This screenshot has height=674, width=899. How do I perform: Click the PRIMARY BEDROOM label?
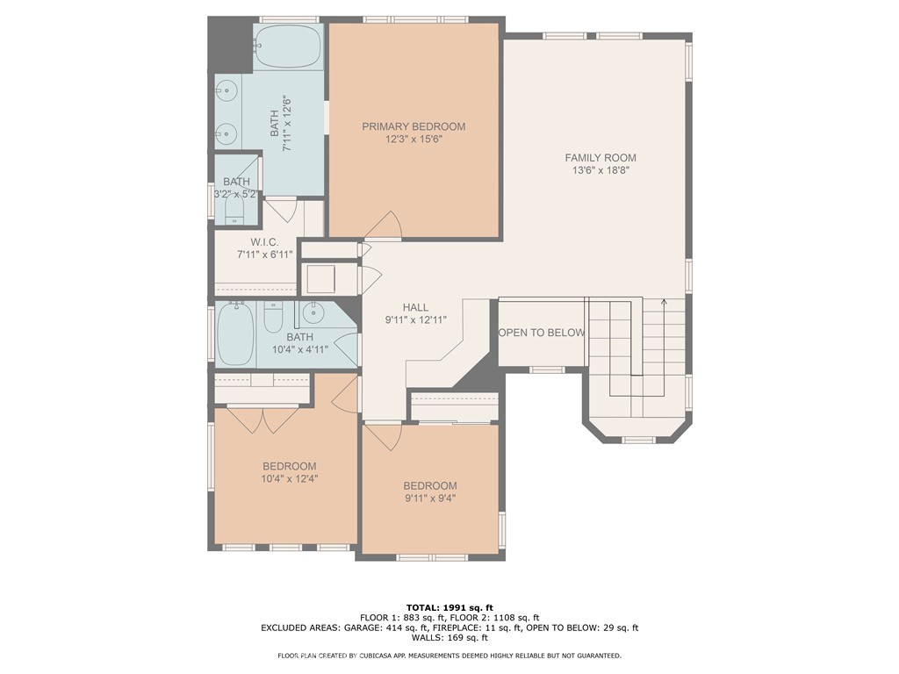click(414, 126)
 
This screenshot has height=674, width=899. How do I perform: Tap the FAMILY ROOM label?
click(601, 158)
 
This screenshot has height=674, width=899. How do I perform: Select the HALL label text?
click(415, 307)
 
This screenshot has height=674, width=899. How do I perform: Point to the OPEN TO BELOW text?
click(542, 333)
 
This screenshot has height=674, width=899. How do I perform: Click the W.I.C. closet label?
click(264, 241)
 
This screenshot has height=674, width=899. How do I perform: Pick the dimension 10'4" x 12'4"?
click(289, 478)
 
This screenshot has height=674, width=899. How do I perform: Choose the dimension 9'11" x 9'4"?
click(429, 498)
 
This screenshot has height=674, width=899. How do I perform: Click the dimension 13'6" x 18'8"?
click(601, 170)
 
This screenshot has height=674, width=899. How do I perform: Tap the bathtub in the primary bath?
click(288, 47)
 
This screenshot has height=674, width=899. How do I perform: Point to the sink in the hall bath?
click(314, 312)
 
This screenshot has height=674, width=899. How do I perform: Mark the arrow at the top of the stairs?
click(664, 304)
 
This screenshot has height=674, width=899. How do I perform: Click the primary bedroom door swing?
click(386, 226)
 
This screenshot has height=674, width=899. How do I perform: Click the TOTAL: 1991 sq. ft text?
click(449, 607)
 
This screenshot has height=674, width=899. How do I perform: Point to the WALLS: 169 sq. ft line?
click(449, 638)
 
